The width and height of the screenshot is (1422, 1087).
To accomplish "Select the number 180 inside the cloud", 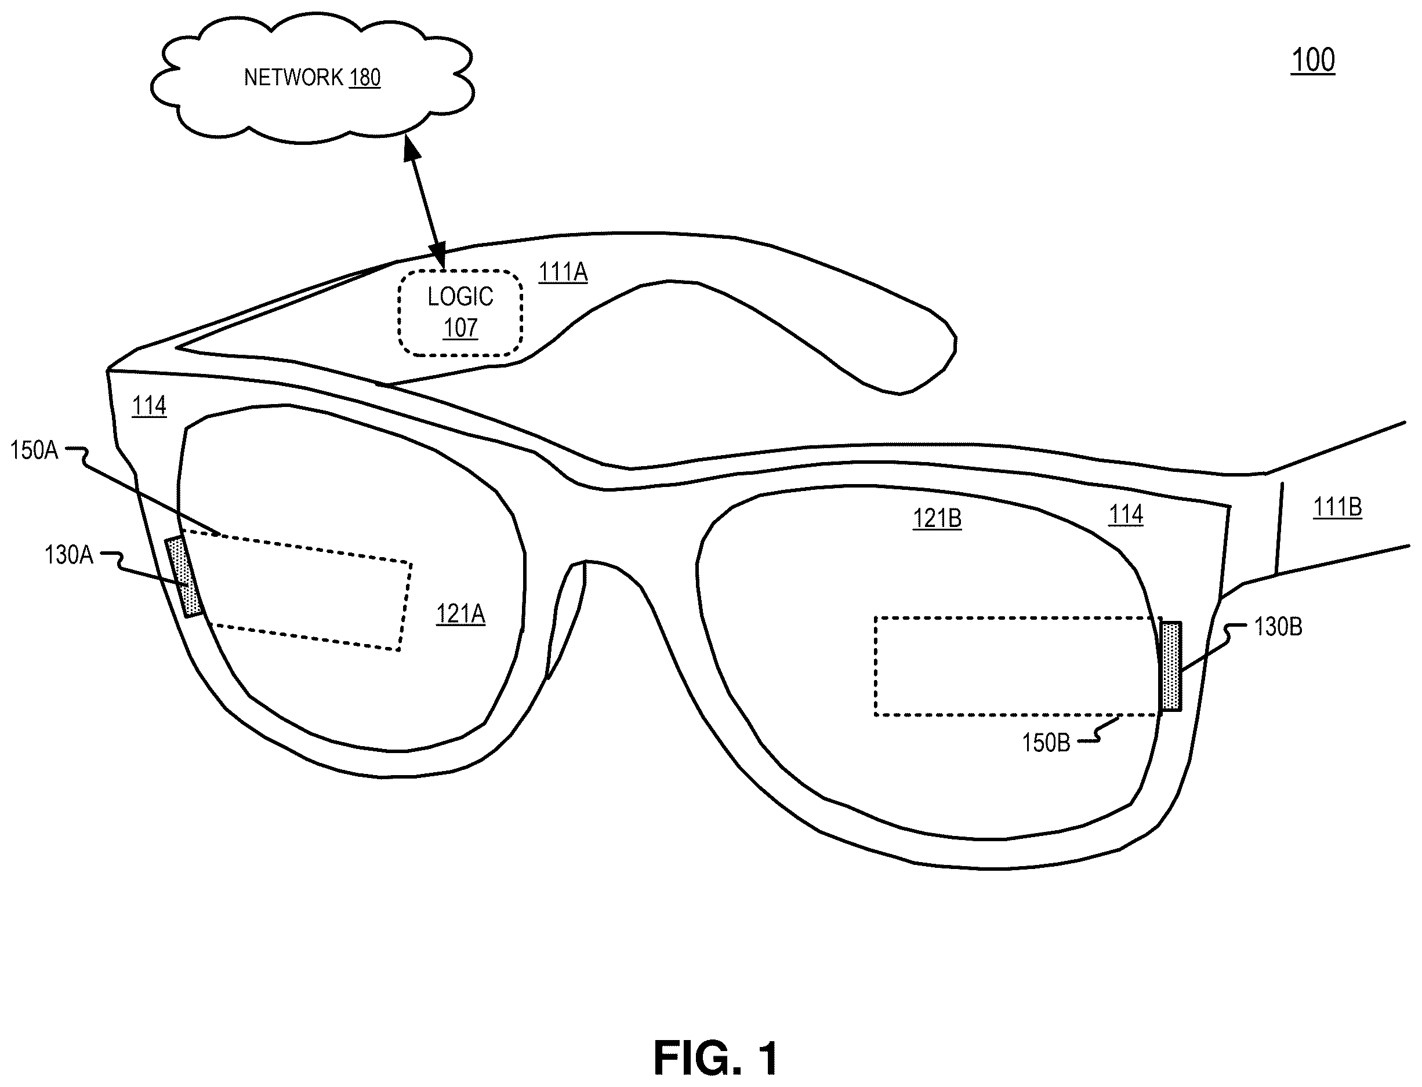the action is pos(365,78).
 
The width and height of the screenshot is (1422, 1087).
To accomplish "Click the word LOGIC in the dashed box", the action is pos(460,297).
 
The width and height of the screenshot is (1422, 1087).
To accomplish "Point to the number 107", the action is pos(460,329).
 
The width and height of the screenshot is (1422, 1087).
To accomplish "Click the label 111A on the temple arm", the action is pos(563,272).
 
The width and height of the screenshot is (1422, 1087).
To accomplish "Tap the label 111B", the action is pos(1337,507).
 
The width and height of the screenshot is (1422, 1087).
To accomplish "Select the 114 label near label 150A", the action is pos(149,406).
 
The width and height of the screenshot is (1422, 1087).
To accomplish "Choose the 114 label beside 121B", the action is pos(1126,515).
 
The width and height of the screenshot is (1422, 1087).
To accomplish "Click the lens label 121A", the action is pos(460,614).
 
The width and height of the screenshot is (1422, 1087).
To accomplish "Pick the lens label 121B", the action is pos(937,519).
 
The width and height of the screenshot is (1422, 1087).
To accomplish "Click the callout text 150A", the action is pos(34,450).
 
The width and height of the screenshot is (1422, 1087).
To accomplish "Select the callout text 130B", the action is pos(1278,627).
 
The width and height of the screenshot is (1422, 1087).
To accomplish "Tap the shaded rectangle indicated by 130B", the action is pos(1171,667).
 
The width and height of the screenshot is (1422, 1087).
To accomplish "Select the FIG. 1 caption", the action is pos(715,1059).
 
